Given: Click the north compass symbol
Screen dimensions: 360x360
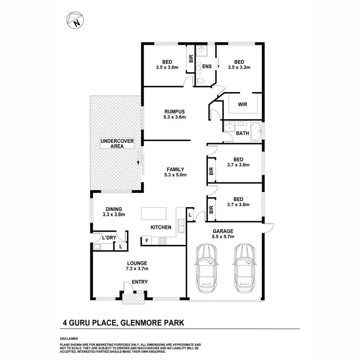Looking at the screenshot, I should point(74,21).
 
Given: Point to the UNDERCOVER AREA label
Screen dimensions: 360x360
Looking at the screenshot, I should point(117,144).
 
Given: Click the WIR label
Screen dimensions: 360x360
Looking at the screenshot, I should point(242,104).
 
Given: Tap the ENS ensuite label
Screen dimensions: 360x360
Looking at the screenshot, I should point(207,67).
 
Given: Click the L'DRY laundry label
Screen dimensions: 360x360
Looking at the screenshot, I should point(108,238).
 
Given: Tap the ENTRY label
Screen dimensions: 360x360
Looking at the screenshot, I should point(140,282).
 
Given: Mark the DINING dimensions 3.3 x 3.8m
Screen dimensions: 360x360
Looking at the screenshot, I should point(114,215).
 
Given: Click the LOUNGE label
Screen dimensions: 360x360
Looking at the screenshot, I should point(137,263).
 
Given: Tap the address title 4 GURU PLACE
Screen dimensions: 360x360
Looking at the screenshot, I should point(93,323).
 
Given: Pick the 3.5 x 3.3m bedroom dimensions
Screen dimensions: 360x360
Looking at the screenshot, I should point(240,68).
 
